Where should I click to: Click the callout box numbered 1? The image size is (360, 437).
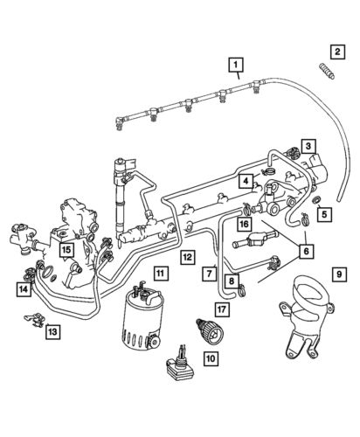pos(235,63)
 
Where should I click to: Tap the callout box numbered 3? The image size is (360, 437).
pos(310,145)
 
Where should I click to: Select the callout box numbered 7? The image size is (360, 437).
pos(210,274)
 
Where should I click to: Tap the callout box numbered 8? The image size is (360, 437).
pos(231,281)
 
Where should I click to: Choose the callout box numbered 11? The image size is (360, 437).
pos(158,273)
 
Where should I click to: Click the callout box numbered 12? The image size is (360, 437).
pos(187,256)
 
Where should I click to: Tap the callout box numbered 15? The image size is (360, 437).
pos(66,249)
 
